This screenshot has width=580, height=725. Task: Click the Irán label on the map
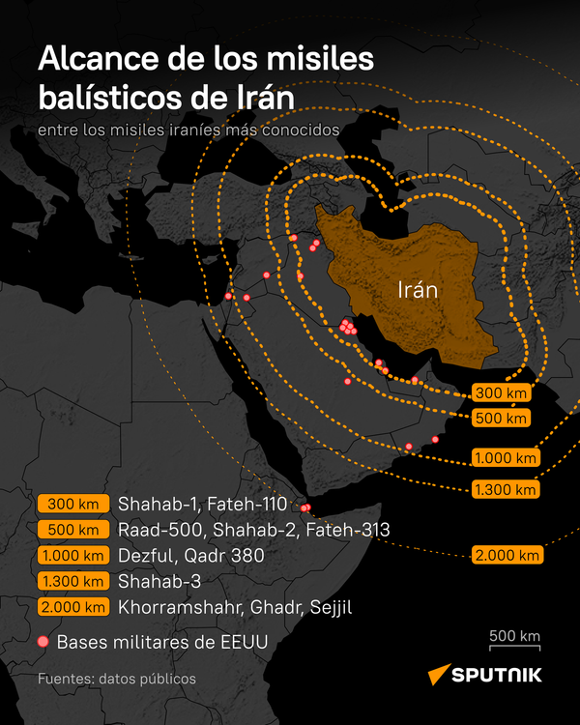[418, 289]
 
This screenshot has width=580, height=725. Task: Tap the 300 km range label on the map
[502, 393]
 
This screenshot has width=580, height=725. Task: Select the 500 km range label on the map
[502, 419]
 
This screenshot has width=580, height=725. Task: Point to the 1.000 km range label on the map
[505, 458]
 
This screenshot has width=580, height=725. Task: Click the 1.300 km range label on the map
[505, 490]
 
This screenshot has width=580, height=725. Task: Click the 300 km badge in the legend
[72, 504]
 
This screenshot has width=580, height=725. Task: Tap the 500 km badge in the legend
[72, 530]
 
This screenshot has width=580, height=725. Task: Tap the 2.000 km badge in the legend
[72, 608]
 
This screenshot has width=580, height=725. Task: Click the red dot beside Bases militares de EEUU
[43, 641]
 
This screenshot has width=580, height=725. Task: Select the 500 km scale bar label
[513, 636]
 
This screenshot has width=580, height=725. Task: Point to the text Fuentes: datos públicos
[117, 679]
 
